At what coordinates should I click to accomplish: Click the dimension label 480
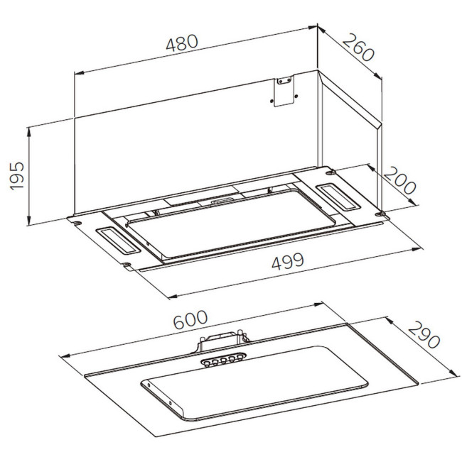tap(182, 43)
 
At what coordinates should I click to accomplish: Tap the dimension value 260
tap(358, 48)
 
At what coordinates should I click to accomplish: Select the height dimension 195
tap(17, 176)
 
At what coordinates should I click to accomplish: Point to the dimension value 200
tap(399, 180)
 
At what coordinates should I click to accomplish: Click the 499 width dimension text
tap(288, 261)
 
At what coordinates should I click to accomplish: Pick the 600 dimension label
tap(190, 320)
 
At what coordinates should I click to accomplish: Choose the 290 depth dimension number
tap(424, 334)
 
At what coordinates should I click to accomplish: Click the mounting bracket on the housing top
tap(284, 91)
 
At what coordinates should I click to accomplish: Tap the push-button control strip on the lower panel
tap(224, 359)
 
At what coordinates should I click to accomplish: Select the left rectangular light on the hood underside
tap(118, 241)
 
